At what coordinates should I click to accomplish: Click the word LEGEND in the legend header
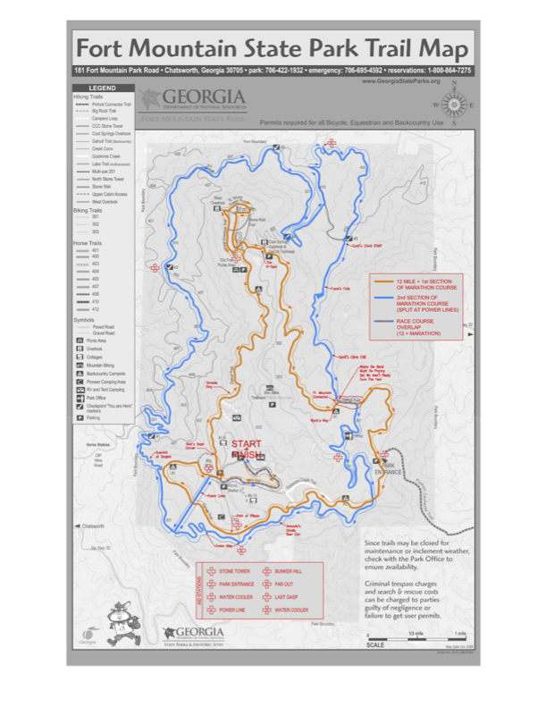pos(102,88)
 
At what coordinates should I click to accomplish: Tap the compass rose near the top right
pos(453,104)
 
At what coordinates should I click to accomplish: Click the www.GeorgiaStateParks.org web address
pos(400,81)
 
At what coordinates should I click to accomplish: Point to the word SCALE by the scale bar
pos(375,644)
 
